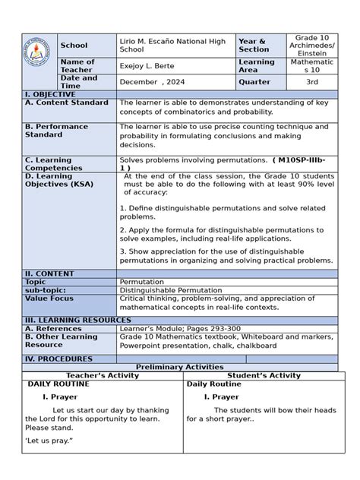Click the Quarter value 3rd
pyautogui.click(x=311, y=82)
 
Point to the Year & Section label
pyautogui.click(x=253, y=45)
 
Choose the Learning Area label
pyautogui.click(x=256, y=66)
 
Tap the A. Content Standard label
pyautogui.click(x=67, y=102)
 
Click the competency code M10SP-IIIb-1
pyautogui.click(x=304, y=160)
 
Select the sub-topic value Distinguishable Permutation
pyautogui.click(x=171, y=289)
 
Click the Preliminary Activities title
pyautogui.click(x=179, y=367)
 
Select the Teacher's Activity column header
pyautogui.click(x=103, y=375)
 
